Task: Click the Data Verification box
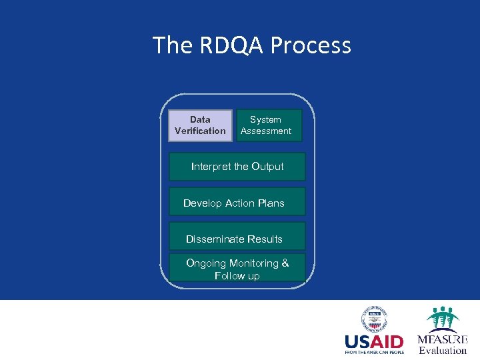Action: pos(200,125)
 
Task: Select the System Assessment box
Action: pos(269,125)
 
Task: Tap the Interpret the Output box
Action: pos(237,167)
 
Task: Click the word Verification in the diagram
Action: pos(200,131)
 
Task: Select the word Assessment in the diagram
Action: pos(266,131)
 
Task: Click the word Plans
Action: pos(269,203)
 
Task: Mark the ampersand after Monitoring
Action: pos(285,263)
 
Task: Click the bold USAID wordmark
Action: pos(373,342)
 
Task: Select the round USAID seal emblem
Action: pos(375,319)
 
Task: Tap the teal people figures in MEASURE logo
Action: pos(443,318)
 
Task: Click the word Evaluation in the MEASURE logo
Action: pos(443,351)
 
